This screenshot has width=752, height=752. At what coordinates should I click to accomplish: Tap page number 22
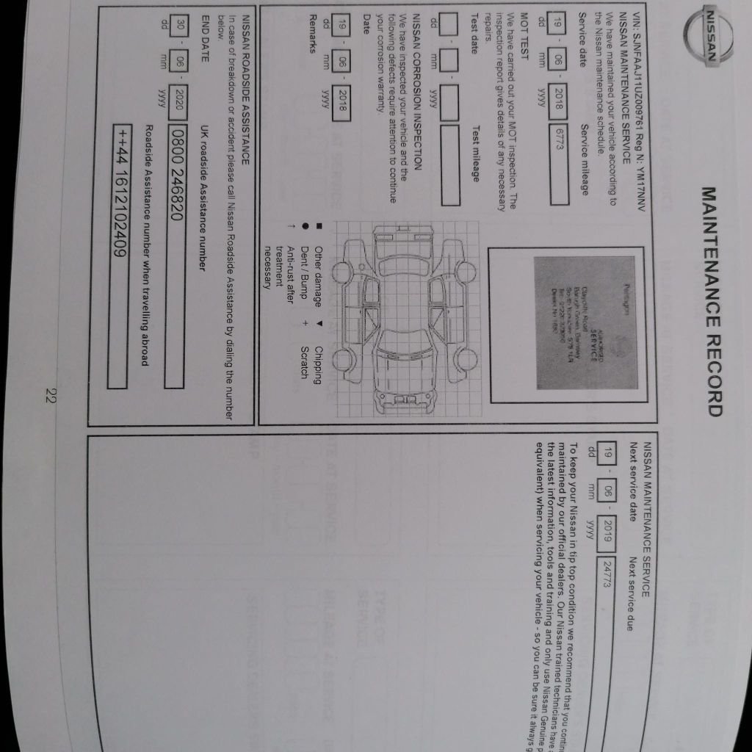coord(50,397)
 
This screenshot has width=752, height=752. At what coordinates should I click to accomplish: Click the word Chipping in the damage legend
coord(318,364)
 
